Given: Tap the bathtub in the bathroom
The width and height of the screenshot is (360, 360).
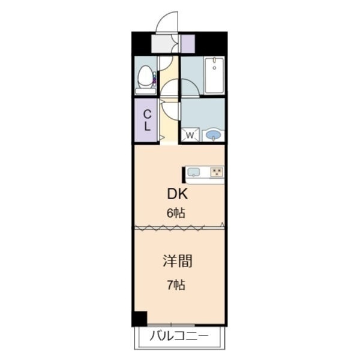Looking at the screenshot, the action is (214, 76).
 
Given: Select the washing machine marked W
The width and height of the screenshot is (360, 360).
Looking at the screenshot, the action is (190, 135).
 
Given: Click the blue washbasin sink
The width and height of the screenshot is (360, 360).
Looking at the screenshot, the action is (213, 135).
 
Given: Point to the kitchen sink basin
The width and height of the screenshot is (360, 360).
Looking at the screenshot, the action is (194, 172).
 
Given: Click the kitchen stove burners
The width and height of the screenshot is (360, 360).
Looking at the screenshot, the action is (217, 172).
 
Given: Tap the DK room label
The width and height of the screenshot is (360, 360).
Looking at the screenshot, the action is (178, 194).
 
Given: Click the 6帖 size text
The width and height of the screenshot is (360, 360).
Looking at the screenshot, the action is (176, 213).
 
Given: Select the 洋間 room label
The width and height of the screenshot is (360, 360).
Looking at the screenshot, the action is (178, 261).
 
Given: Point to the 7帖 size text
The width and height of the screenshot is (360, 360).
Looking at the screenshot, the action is (176, 285).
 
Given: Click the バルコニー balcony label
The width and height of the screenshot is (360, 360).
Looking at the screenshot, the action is (179, 337).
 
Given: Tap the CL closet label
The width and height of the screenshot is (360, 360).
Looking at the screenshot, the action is (147, 120).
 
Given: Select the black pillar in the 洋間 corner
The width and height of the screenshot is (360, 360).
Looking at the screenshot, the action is (139, 319).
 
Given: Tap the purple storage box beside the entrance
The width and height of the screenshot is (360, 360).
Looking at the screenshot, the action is (188, 44).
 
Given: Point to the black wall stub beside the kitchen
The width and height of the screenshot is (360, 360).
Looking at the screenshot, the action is (184, 175).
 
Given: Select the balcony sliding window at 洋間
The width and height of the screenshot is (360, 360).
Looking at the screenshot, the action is (171, 325).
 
